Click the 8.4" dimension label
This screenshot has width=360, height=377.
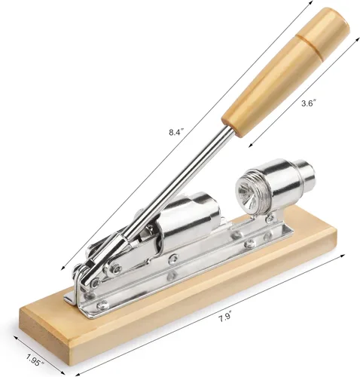[176, 132]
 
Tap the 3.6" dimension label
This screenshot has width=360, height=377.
[309, 103]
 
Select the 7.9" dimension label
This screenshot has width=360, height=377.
[225, 317]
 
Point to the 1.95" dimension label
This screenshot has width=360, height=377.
[35, 360]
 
